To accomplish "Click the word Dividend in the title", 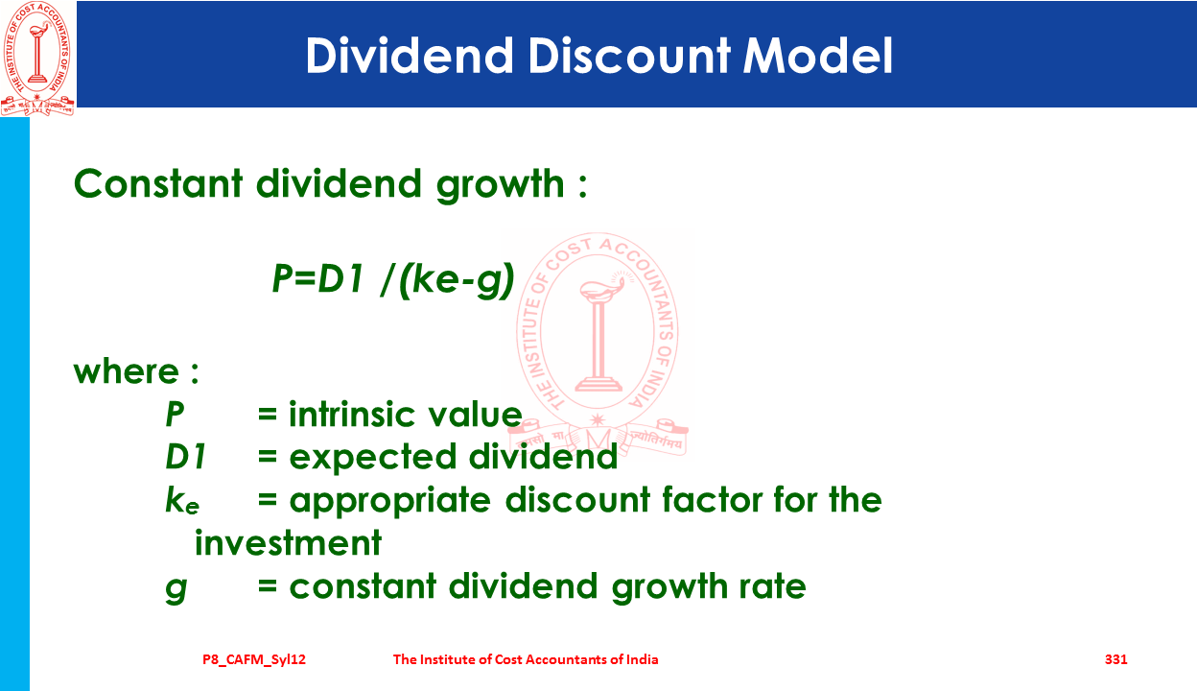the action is click(409, 55).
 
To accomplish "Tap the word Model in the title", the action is click(817, 55).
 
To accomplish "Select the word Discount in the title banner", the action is click(629, 55).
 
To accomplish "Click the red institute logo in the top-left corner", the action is click(37, 58).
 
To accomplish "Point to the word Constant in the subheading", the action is click(158, 183).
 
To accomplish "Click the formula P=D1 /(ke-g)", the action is click(393, 279).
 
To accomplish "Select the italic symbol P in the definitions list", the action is click(175, 414).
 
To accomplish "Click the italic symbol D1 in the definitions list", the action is click(185, 457).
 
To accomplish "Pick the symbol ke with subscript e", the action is click(182, 501).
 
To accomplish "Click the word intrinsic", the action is click(350, 414).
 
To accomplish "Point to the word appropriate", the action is click(390, 502).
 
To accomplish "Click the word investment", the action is click(288, 543).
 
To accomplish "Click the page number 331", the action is click(1115, 659).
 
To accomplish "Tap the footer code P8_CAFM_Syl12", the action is click(254, 660).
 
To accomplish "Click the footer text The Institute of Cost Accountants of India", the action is click(526, 659).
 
